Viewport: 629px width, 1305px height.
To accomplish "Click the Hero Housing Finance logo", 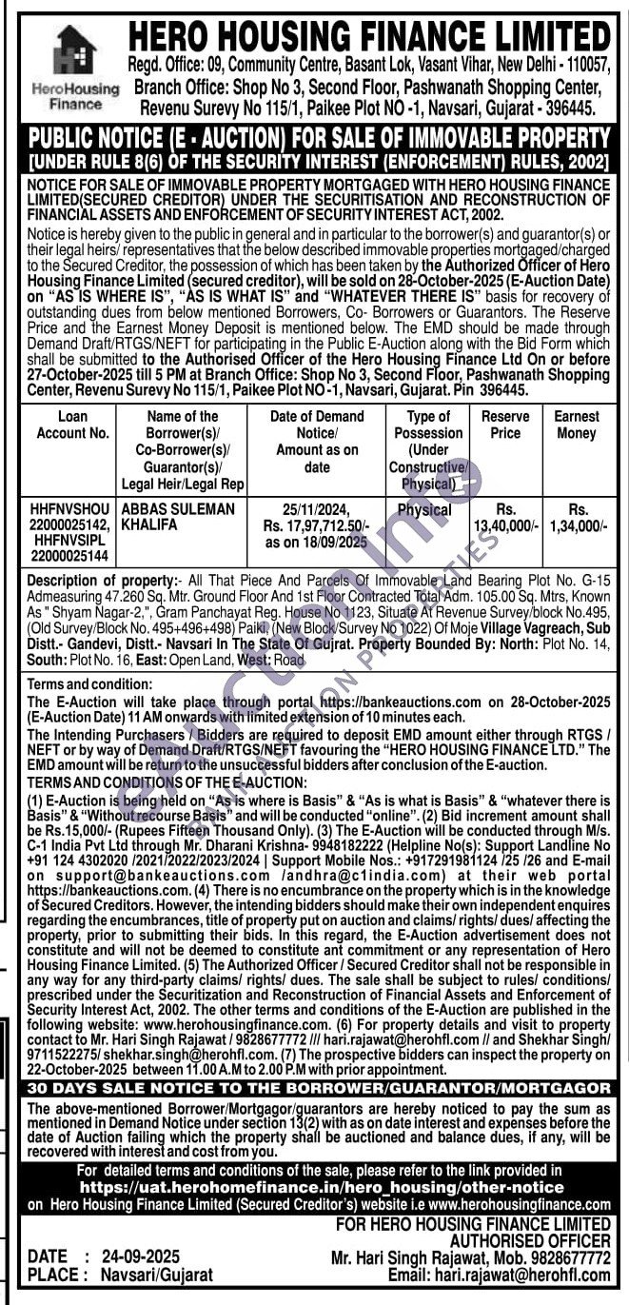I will [75, 68].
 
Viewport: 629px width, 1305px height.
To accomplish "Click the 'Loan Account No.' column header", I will [73, 425].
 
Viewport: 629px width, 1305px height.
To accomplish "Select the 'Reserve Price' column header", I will [505, 425].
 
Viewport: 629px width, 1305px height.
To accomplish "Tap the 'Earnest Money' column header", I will [577, 425].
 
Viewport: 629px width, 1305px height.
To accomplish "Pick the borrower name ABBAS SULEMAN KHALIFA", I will [178, 517].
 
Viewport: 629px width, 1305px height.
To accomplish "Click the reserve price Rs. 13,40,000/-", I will [505, 517].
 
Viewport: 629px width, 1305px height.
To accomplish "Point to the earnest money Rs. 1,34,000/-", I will [577, 517].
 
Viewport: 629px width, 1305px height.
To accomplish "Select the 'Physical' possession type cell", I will [424, 510].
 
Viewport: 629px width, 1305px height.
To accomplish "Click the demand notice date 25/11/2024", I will [317, 509].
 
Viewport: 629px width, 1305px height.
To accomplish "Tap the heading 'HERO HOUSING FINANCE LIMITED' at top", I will [370, 36].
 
